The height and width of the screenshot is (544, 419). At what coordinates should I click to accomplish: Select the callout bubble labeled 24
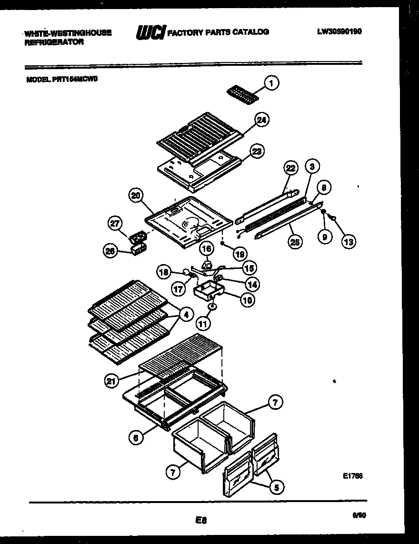259,120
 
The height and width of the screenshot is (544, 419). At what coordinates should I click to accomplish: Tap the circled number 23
257,152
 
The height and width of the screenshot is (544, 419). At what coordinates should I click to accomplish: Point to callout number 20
136,196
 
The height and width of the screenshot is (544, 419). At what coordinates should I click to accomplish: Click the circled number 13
349,242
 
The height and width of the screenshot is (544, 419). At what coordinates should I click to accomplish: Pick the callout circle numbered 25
295,243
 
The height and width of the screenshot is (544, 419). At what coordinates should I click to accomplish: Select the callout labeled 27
115,223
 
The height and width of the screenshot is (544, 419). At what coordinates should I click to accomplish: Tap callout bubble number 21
112,380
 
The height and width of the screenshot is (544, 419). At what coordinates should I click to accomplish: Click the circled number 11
203,324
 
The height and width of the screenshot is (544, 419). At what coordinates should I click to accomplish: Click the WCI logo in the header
150,32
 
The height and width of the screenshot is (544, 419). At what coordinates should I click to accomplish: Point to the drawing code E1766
353,476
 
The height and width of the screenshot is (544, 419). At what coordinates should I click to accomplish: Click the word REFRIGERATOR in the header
54,42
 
